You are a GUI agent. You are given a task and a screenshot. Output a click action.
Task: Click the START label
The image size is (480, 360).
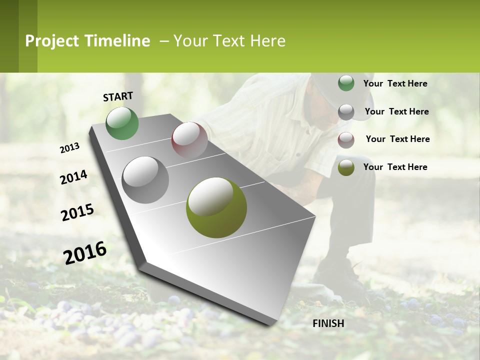pyautogui.click(x=118, y=96)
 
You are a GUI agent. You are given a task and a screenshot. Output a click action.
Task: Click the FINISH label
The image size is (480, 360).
pyautogui.click(x=328, y=323)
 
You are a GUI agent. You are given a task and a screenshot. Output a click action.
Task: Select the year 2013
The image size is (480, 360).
pyautogui.click(x=69, y=148)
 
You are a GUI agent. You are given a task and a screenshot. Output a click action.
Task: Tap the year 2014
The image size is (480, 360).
pyautogui.click(x=73, y=177)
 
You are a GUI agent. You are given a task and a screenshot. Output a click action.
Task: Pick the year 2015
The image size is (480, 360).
pyautogui.click(x=77, y=212)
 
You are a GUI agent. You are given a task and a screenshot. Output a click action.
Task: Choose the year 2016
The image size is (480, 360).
pyautogui.click(x=85, y=253)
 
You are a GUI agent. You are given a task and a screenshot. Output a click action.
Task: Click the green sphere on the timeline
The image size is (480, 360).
pyautogui.click(x=122, y=123)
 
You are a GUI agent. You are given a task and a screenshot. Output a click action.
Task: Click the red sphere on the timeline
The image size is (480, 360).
pyautogui.click(x=189, y=140)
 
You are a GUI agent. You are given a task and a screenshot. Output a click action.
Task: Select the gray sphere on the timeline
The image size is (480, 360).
pyautogui.click(x=145, y=179)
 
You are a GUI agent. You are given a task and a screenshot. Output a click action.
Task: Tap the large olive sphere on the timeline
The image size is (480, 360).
pyautogui.click(x=216, y=207)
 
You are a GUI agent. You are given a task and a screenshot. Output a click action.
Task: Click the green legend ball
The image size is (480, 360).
pyautogui.click(x=346, y=83)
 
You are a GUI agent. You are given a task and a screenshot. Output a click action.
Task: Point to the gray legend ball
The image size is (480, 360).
pyautogui.click(x=346, y=112)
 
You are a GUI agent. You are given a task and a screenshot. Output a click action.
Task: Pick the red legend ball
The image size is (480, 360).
pyautogui.click(x=346, y=140)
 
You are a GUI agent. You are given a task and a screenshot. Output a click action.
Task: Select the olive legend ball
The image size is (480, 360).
pyautogui.click(x=346, y=167)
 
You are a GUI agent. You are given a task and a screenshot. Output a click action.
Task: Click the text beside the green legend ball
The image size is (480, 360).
pyautogui.click(x=395, y=83)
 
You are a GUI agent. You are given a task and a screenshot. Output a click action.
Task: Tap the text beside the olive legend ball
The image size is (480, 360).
pyautogui.click(x=395, y=167)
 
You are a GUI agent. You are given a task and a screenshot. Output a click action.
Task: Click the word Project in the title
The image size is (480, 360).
pyautogui.click(x=52, y=41)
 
